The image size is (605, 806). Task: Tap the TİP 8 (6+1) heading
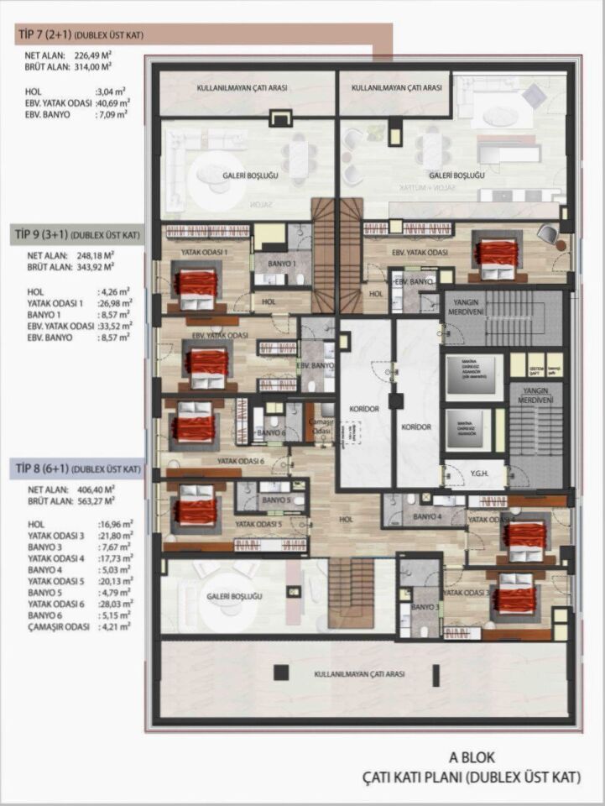pyautogui.click(x=48, y=469)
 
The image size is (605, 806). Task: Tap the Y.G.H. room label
pyautogui.click(x=479, y=474)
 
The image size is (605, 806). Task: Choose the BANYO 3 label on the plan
pyautogui.click(x=425, y=606)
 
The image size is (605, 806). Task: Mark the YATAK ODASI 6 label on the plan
pyautogui.click(x=241, y=461)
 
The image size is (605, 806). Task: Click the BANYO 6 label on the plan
pyautogui.click(x=271, y=433)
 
